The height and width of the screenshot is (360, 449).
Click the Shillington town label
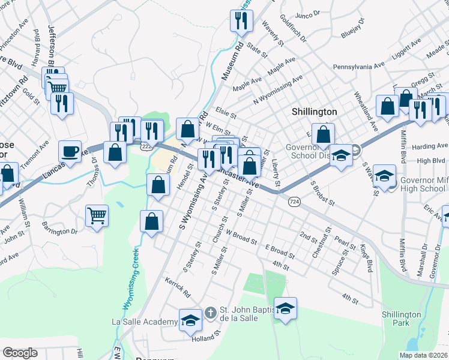click(314, 112)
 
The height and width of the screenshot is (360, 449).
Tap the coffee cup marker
click(70, 151)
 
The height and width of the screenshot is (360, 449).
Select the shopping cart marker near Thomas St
click(96, 215)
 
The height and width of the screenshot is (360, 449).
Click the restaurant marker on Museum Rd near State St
click(241, 21)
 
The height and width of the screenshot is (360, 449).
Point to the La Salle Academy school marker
click(190, 320)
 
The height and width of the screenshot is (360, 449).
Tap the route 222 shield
click(146, 146)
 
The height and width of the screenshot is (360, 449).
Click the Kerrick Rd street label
click(178, 289)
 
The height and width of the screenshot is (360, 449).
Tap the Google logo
click(20, 353)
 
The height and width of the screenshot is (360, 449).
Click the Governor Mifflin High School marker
click(384, 176)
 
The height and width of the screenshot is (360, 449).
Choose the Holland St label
click(202, 338)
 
